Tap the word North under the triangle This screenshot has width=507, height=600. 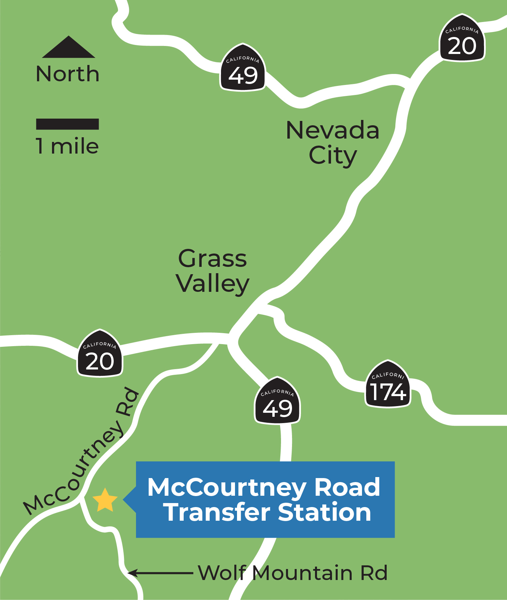tap(68, 74)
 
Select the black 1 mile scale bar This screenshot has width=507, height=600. tap(67, 124)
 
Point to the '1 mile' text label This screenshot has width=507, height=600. tap(67, 146)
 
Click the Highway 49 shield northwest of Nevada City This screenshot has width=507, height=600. tap(243, 68)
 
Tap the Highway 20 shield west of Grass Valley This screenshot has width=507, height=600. tap(100, 354)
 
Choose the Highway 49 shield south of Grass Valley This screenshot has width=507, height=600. tap(277, 402)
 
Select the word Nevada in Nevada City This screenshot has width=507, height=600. tap(333, 131)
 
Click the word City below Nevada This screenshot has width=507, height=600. tap(333, 156)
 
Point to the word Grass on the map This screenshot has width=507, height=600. tap(212, 259)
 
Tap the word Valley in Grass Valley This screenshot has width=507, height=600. tap(213, 284)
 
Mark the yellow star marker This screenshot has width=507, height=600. tap(105, 500)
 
